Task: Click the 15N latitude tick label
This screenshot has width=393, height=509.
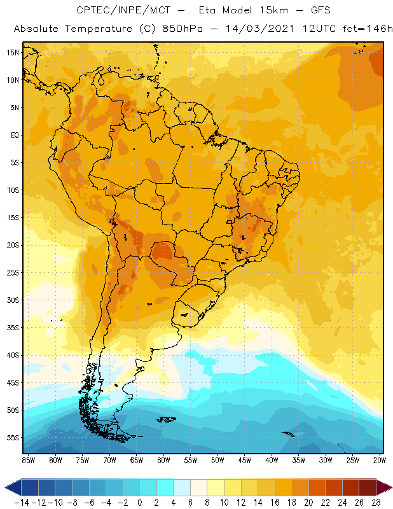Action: (13, 52)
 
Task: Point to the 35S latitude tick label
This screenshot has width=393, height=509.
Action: (13, 327)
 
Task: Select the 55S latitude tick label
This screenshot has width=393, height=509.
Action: (13, 437)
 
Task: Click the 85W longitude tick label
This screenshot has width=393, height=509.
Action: (28, 460)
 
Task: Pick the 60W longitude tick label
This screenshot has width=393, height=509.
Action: (163, 460)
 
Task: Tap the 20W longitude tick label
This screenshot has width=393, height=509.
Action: (379, 460)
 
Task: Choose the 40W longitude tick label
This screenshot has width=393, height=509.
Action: (272, 460)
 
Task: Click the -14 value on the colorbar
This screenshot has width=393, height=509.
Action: (22, 502)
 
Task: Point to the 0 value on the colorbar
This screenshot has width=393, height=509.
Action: (139, 502)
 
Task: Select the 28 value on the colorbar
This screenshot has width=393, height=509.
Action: (375, 502)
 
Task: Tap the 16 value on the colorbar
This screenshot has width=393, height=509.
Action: (274, 502)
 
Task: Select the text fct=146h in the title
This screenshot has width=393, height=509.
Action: (365, 29)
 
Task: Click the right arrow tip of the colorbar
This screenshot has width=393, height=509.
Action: (390, 487)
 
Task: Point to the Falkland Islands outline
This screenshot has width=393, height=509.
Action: (167, 419)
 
